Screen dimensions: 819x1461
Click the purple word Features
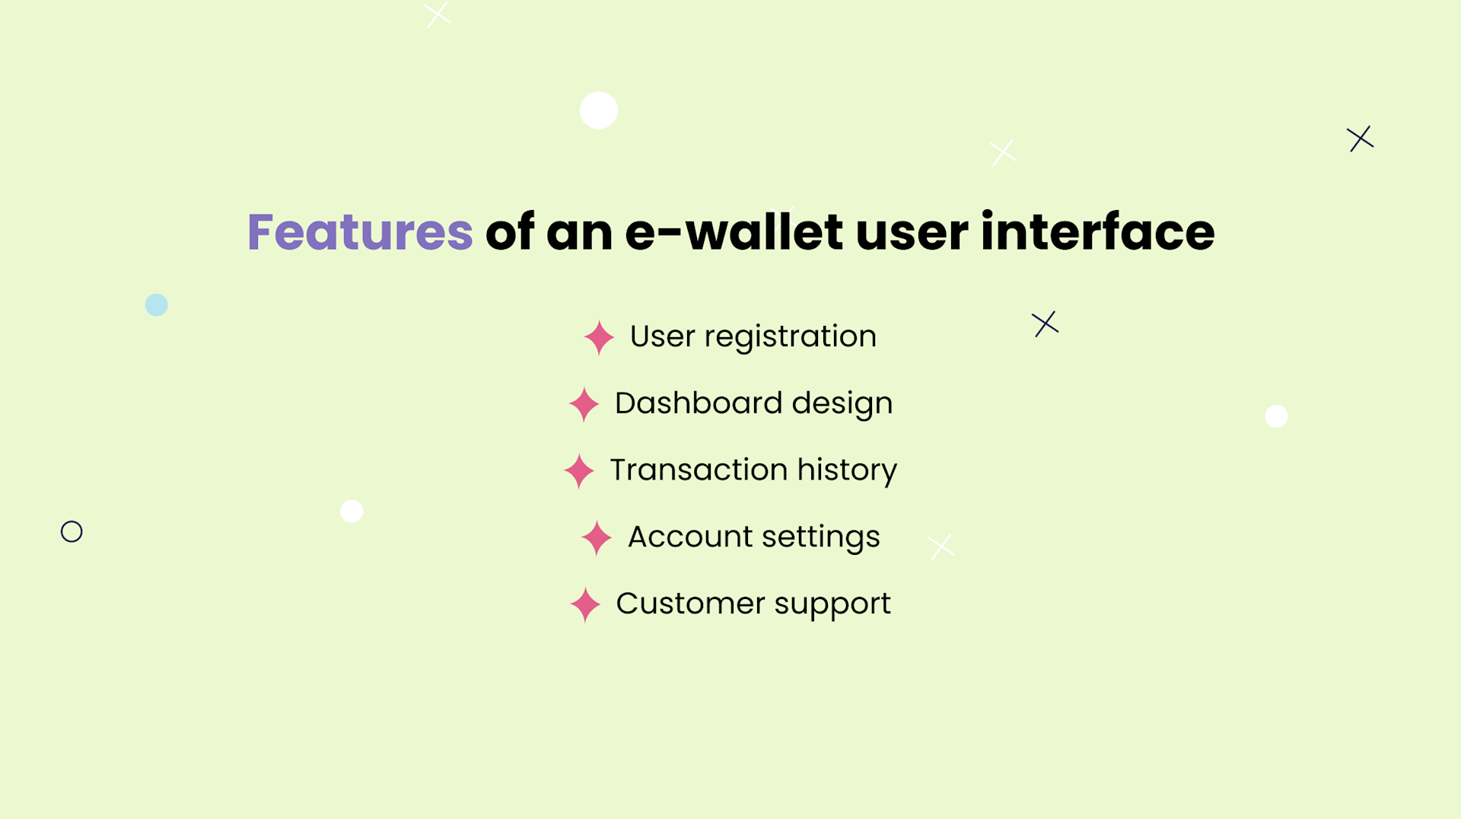360,232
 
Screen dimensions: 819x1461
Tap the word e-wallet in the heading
734,232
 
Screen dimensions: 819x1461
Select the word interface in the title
1097,232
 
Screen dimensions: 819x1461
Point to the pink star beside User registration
599,337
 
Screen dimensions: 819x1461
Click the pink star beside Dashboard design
584,404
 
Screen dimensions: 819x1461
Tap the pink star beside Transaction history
579,471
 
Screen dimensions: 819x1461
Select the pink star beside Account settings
597,538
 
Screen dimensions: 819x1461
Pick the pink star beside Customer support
585,605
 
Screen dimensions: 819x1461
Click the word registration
790,337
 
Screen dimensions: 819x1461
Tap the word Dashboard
698,403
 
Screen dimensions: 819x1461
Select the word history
847,471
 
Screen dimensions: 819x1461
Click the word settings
820,538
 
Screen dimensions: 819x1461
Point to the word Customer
690,604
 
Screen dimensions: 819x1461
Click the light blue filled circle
157,305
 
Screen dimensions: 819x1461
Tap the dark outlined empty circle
72,531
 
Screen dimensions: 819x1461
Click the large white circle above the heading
599,110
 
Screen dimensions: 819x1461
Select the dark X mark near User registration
1046,323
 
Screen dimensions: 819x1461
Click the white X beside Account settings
941,547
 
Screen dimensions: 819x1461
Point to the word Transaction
698,470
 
